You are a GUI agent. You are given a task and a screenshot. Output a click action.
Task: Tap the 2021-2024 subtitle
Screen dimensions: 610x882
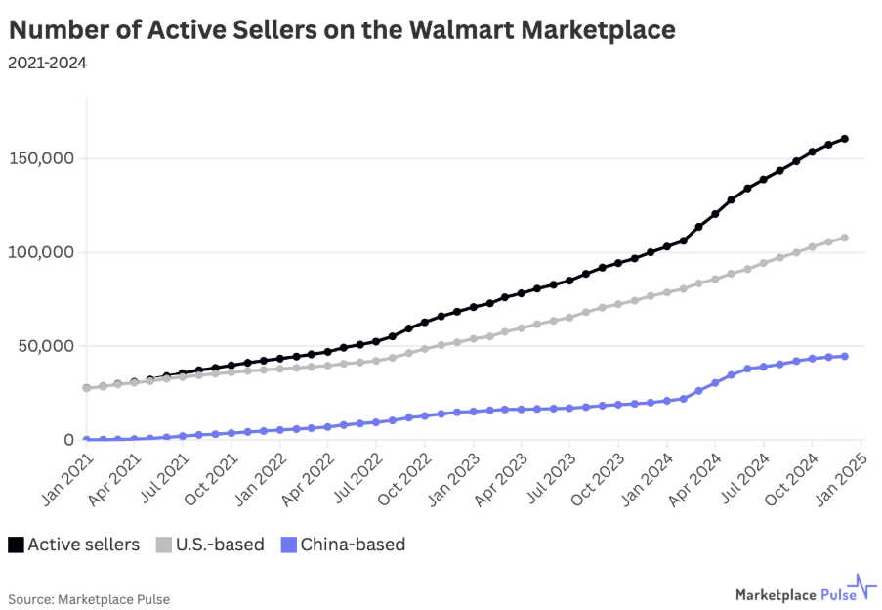(47, 64)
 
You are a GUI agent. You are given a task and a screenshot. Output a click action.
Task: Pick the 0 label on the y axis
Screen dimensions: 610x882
(68, 440)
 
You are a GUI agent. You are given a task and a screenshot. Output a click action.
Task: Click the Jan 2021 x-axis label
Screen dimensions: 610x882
(66, 478)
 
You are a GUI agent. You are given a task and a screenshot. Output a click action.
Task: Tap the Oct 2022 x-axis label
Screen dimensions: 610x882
(404, 478)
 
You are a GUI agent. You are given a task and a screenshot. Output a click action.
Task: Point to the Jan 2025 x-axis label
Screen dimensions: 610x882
(840, 478)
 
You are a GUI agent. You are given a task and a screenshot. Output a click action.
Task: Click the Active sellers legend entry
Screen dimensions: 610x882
(74, 545)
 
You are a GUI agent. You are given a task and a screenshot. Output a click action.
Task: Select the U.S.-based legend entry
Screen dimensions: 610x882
(210, 545)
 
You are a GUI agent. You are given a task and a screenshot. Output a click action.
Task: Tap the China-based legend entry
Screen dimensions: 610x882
(342, 545)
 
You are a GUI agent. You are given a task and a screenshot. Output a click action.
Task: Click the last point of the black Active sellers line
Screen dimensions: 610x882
(845, 139)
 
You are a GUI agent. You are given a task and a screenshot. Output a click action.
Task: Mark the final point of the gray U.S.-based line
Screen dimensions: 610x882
(845, 238)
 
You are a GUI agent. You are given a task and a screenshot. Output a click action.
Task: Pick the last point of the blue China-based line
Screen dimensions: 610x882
(845, 356)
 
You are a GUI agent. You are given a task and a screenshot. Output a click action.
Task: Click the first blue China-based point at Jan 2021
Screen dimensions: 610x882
(87, 440)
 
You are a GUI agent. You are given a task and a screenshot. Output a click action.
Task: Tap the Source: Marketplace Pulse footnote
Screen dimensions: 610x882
(82, 598)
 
